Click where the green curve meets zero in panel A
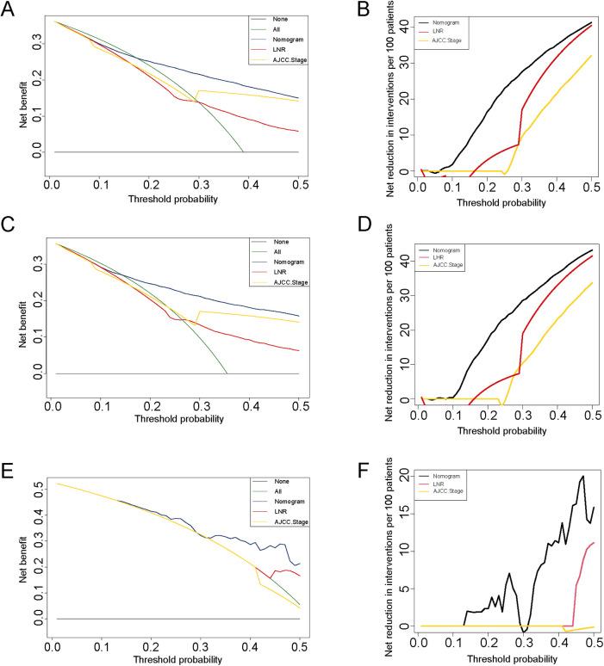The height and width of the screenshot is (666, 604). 244,152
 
